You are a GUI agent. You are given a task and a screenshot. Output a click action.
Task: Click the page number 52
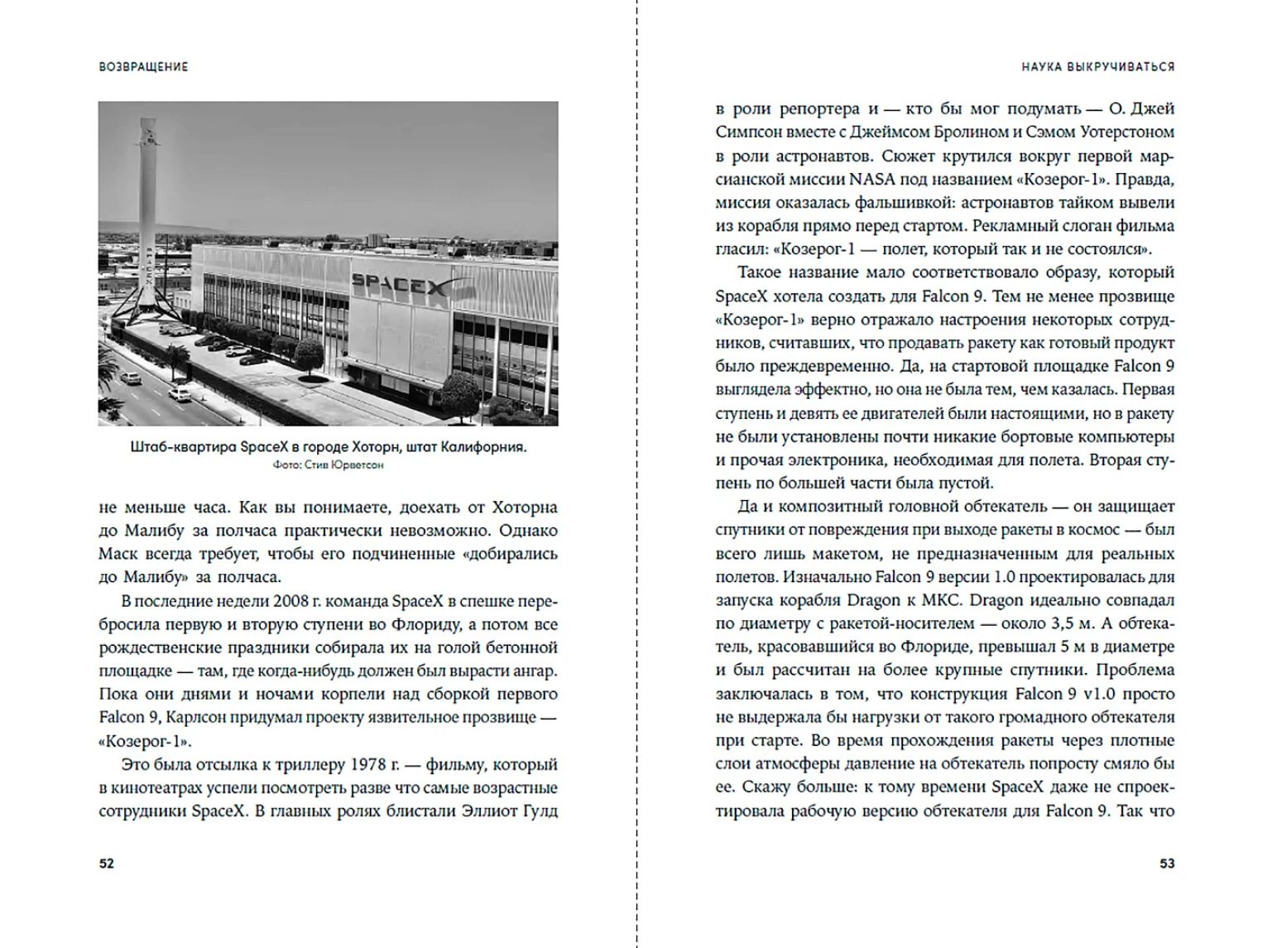pos(106,864)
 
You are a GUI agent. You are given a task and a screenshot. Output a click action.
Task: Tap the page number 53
pos(1167,864)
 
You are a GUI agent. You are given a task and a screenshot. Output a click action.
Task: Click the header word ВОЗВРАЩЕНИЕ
pos(143,66)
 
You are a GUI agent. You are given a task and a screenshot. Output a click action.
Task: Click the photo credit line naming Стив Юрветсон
pos(328,465)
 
